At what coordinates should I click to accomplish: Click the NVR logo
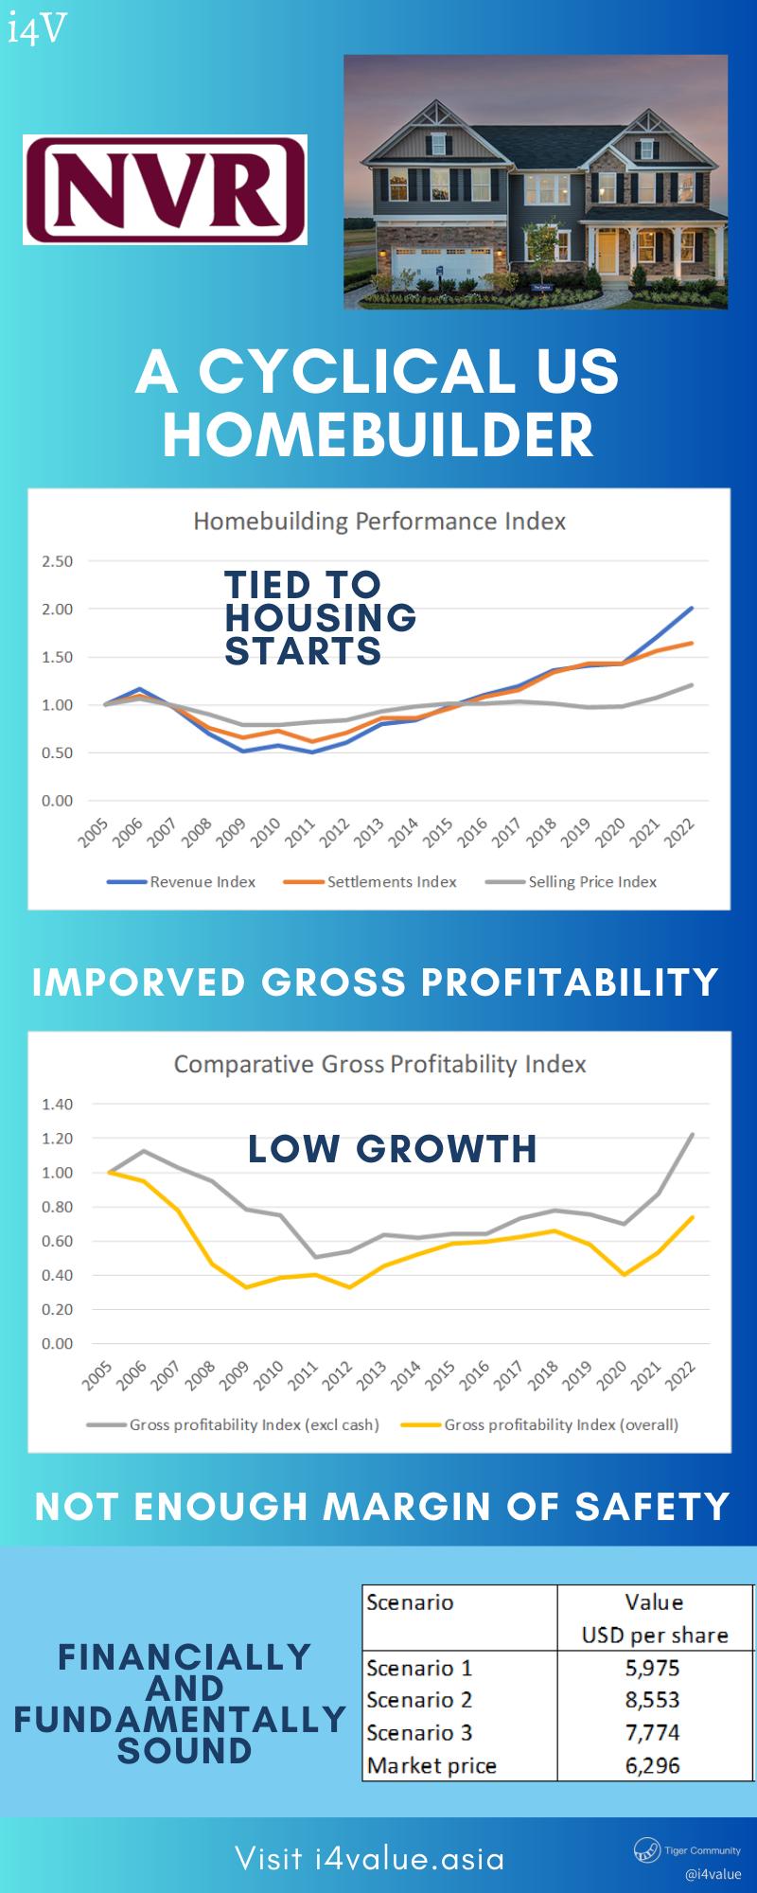(166, 190)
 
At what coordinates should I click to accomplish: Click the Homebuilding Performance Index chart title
(379, 522)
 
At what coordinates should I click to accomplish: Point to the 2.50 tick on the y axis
(57, 561)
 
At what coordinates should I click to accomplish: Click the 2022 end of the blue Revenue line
(692, 608)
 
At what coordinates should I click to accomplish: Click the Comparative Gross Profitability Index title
(379, 1065)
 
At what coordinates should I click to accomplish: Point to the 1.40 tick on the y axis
(57, 1105)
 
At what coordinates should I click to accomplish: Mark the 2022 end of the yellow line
(694, 1217)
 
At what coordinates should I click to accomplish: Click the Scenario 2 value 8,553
(652, 1700)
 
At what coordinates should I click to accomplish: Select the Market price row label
(431, 1765)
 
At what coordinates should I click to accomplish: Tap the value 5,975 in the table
(652, 1668)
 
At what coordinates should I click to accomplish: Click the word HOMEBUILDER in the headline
(378, 435)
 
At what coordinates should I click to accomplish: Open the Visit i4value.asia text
(370, 1858)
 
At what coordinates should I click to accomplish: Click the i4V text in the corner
(37, 29)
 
